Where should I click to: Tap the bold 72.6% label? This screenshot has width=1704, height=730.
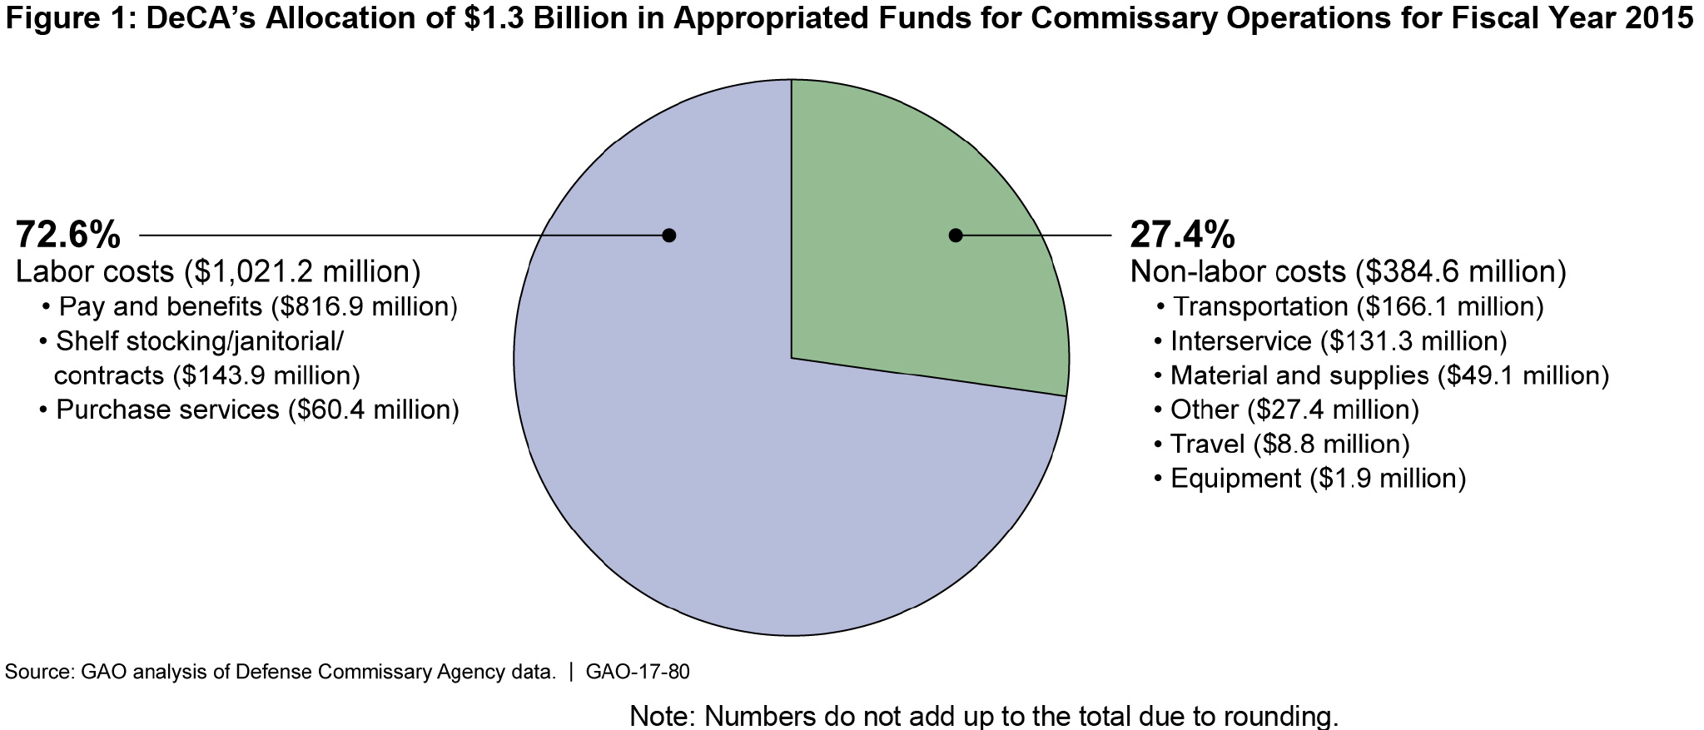68,236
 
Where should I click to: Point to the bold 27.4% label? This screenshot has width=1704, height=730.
1182,236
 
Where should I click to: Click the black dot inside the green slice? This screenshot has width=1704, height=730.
956,236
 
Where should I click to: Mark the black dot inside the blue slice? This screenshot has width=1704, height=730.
668,236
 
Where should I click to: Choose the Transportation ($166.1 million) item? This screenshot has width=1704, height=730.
1358,307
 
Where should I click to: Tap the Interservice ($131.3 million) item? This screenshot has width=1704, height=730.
1339,341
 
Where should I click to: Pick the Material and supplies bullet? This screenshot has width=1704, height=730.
1389,375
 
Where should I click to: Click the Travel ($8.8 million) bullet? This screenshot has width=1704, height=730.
1289,444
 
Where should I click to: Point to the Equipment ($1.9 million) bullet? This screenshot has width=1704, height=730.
1318,479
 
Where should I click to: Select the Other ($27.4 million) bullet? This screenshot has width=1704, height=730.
1294,410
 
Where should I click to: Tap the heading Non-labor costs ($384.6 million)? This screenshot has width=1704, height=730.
1348,271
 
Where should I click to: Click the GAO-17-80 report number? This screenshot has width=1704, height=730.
638,672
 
